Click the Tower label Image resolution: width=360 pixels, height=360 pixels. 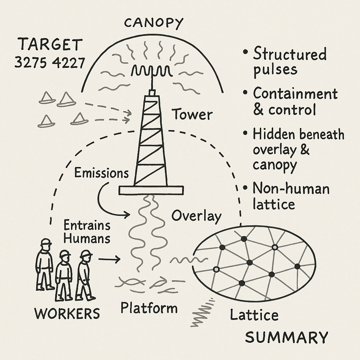[192, 115]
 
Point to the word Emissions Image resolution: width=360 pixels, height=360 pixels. [101, 173]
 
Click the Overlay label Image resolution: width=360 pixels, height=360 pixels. [196, 216]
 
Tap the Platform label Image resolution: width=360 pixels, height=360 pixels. [149, 308]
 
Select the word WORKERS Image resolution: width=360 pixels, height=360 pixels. [67, 313]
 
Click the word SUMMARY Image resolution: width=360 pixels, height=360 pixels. [287, 337]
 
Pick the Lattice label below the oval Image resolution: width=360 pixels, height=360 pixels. [254, 315]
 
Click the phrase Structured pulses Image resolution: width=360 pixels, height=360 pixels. [289, 62]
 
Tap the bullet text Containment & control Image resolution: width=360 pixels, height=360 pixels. [295, 102]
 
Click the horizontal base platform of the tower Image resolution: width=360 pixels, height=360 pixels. [151, 190]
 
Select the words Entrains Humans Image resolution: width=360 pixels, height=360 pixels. [87, 232]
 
